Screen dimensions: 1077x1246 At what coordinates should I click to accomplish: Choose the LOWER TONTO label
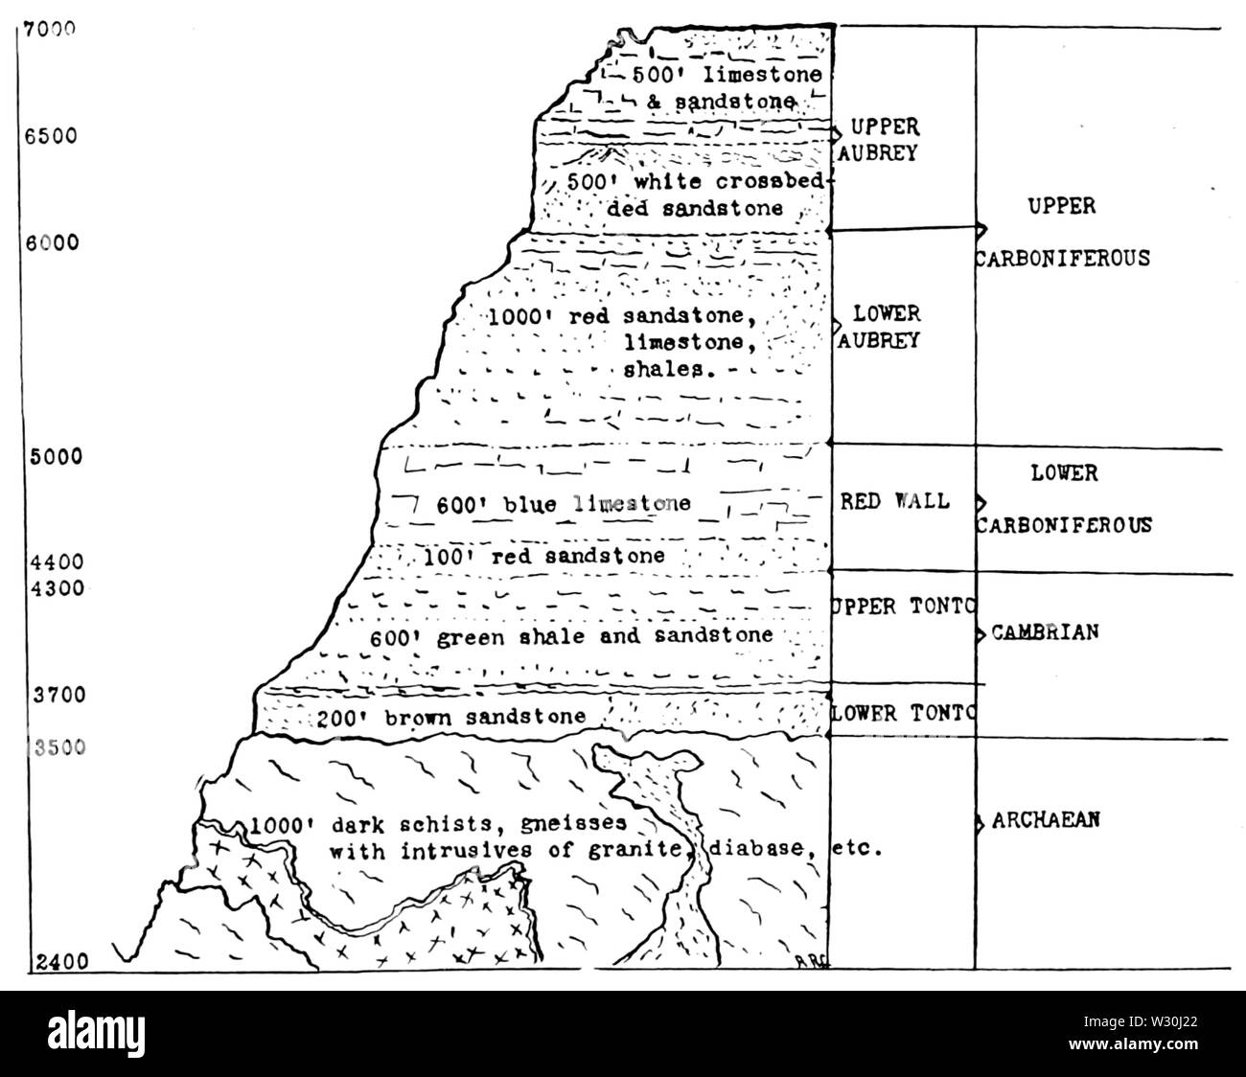coord(902,713)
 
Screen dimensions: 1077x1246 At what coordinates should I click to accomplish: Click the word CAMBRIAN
coord(1045,632)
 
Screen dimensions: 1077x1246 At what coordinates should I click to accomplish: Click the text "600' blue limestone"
coord(564,504)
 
